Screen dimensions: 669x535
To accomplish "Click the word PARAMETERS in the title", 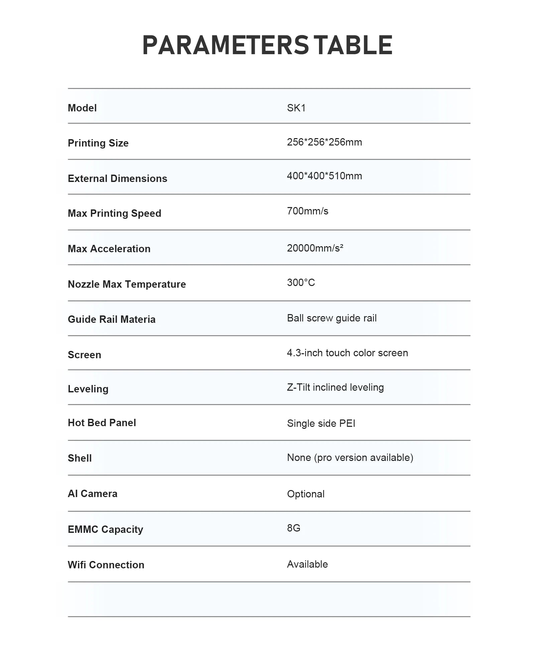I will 225,45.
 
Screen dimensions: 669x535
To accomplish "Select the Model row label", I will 82,108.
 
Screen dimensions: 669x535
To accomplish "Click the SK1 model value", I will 296,108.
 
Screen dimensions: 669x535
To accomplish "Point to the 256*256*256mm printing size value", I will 324,142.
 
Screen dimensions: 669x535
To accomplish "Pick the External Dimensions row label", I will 117,179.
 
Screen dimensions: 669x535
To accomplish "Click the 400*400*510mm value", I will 324,176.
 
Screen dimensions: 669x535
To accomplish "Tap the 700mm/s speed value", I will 308,211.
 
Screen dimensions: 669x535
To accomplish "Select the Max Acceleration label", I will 109,249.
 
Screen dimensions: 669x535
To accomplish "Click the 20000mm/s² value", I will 315,248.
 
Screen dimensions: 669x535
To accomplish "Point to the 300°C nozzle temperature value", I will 301,283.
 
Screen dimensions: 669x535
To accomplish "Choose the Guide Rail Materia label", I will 112,319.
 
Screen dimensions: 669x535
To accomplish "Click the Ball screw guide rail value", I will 332,318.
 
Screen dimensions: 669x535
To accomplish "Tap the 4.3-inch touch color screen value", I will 347,353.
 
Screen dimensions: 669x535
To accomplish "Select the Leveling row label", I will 88,389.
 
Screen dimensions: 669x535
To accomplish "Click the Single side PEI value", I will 321,423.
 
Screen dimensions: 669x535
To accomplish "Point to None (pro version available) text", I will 350,458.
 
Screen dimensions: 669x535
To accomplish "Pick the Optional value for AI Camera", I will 306,494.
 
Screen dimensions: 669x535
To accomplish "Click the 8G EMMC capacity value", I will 294,528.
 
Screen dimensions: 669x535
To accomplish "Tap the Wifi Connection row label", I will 106,565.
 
